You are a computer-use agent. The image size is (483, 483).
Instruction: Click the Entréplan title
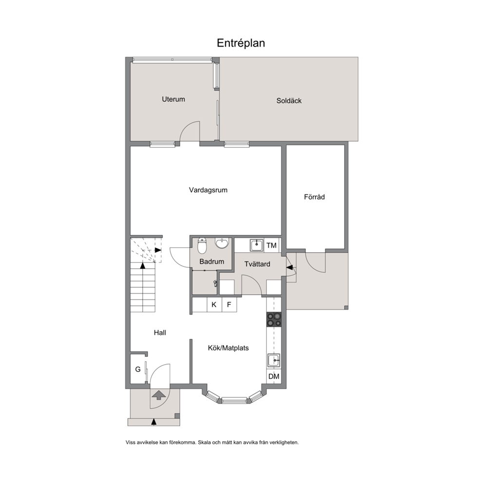coord(241,43)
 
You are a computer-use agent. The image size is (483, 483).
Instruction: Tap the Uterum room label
coord(173,99)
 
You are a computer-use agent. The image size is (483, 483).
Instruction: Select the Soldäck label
coord(289,101)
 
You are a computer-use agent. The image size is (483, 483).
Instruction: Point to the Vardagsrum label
coord(208,190)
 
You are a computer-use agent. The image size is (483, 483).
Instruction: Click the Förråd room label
coord(314,197)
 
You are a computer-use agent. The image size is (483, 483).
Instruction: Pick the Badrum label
coord(212,261)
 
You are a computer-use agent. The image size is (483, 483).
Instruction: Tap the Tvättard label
coord(257,264)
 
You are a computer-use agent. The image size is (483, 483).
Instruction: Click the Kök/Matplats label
coord(228,348)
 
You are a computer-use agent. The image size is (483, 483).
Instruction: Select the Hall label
coord(160,333)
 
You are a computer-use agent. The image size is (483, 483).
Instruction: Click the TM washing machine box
coord(272,245)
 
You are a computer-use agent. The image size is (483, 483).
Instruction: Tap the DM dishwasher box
coord(274,376)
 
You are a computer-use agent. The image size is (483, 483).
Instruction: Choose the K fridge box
coord(214,305)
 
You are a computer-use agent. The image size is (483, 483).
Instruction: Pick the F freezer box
coord(229,305)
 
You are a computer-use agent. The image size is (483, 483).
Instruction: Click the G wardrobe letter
coord(138,369)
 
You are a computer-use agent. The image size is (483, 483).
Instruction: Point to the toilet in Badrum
coord(202,245)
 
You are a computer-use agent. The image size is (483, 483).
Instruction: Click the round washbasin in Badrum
coord(222,243)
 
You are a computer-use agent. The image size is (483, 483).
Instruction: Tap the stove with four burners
coord(274,319)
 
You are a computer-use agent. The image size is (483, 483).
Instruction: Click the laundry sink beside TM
coord(257,245)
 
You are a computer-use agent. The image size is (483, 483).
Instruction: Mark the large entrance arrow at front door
coord(158,395)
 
